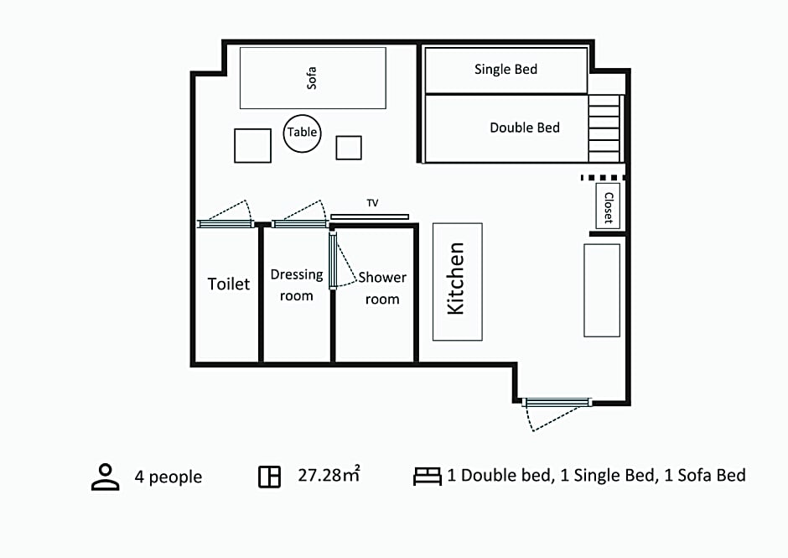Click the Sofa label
click(x=312, y=78)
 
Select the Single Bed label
click(x=505, y=69)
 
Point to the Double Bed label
click(x=525, y=128)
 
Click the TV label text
click(x=372, y=203)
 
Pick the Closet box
click(x=608, y=206)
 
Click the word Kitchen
click(x=456, y=279)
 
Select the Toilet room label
click(x=229, y=284)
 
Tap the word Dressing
click(x=297, y=274)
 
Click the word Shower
click(x=382, y=277)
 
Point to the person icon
click(x=106, y=477)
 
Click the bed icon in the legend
click(x=428, y=477)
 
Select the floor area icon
click(x=269, y=477)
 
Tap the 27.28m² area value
click(x=329, y=474)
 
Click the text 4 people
click(x=168, y=477)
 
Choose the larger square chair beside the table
click(x=253, y=145)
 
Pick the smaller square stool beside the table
click(x=349, y=148)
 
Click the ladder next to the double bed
click(x=604, y=128)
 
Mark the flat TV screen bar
click(x=370, y=216)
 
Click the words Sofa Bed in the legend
click(x=712, y=475)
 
